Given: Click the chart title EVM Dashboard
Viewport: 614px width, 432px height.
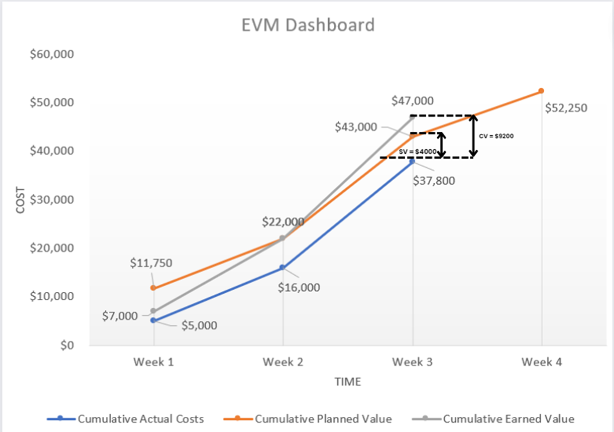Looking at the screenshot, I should coord(308,26).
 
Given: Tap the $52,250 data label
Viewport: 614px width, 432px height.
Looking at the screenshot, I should coord(566,107).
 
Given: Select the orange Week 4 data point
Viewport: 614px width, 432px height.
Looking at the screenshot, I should coord(541,91).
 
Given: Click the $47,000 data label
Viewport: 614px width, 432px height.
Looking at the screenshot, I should coord(413,100).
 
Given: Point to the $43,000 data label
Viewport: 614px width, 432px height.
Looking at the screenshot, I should coord(356,127).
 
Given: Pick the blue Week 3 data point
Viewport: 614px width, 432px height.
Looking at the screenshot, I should coord(412,161).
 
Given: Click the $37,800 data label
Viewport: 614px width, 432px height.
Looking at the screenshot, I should coord(434,180).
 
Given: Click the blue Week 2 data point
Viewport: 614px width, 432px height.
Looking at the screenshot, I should coord(283,268).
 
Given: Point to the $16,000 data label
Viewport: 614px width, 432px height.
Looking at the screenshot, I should coord(299,287).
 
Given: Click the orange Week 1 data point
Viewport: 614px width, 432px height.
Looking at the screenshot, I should coord(153,288).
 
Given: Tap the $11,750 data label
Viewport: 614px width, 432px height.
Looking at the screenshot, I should coord(151,262).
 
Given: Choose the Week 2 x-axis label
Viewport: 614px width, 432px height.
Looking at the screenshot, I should coord(283,362).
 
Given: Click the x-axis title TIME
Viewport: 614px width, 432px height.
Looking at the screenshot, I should coord(347,381).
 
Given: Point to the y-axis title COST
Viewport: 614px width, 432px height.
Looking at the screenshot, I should coord(21,199).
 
